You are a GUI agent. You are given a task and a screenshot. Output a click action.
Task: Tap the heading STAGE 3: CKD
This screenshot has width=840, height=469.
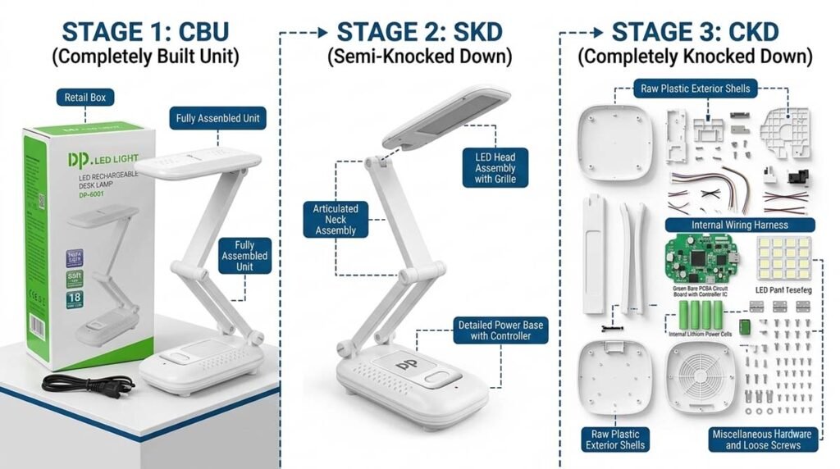pyautogui.click(x=694, y=33)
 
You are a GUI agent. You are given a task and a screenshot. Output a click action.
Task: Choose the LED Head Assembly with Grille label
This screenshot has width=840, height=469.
pyautogui.click(x=495, y=168)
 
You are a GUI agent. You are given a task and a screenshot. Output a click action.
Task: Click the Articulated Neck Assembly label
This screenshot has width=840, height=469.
pyautogui.click(x=336, y=220)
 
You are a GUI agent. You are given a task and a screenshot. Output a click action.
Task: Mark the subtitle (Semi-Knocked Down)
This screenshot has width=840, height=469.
pyautogui.click(x=418, y=58)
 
